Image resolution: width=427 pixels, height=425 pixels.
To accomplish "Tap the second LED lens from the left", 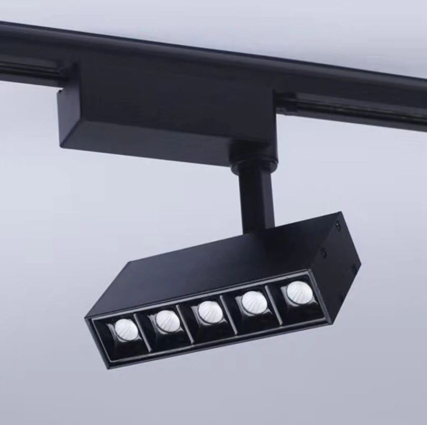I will (x=167, y=320).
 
